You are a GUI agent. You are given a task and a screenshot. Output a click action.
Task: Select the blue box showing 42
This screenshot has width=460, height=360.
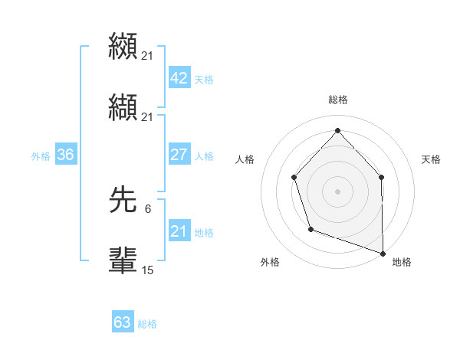click(x=179, y=79)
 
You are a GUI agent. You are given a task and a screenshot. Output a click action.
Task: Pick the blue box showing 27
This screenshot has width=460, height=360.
click(x=179, y=155)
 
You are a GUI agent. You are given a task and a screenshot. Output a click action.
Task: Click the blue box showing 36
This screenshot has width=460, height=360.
click(x=66, y=155)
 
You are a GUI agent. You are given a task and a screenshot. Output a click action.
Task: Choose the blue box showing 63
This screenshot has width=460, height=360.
click(x=123, y=322)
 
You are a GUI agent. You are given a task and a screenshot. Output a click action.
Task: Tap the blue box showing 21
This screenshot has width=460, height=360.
click(x=179, y=231)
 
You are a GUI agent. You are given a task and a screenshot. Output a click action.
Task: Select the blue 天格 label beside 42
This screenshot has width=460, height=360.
click(x=204, y=80)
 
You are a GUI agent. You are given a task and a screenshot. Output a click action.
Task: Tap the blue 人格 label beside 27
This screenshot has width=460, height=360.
click(x=204, y=155)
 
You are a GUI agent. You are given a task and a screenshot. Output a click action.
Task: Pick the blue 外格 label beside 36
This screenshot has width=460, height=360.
click(x=41, y=155)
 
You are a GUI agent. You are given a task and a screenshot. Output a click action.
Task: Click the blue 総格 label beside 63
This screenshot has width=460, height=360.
click(x=147, y=323)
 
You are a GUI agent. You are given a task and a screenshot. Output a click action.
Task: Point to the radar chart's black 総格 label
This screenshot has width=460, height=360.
click(x=338, y=100)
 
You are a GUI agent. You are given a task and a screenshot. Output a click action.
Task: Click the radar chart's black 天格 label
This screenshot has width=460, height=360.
click(x=432, y=159)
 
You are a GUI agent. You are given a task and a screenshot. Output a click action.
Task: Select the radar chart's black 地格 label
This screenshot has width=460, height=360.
click(x=402, y=262)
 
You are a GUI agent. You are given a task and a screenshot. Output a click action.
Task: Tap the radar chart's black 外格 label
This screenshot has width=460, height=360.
click(x=270, y=262)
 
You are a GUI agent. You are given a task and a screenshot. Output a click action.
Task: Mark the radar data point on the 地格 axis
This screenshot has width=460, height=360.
click(x=383, y=252)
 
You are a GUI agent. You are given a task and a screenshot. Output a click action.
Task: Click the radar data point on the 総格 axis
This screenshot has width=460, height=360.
click(x=337, y=130)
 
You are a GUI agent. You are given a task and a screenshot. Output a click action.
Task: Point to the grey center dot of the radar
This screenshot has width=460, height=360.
click(x=337, y=191)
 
